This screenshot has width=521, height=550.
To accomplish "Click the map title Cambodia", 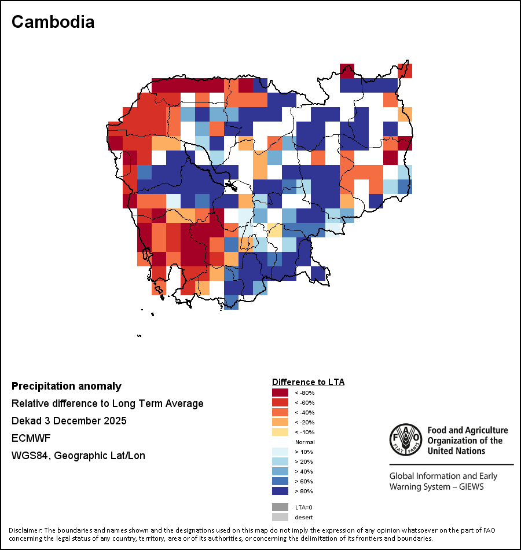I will click(x=53, y=22).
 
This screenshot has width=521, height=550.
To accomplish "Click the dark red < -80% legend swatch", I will click(x=280, y=393).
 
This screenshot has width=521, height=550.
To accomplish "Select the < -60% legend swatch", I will click(x=280, y=402).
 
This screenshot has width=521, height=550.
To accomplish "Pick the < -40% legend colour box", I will click(x=280, y=412).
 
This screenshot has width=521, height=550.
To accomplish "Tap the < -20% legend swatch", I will click(x=280, y=422).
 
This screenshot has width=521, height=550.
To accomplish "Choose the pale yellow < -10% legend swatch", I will click(x=280, y=432).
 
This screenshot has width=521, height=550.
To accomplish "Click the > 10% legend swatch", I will click(x=280, y=452).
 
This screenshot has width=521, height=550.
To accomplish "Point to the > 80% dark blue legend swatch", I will click(x=280, y=491).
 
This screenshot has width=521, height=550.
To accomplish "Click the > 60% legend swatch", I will click(x=280, y=481).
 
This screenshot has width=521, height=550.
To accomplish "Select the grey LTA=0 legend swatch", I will click(x=280, y=507).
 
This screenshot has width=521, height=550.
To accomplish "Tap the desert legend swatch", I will click(x=280, y=516).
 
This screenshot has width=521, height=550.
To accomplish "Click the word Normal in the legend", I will click(x=304, y=442).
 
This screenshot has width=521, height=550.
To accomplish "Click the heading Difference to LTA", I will click(x=308, y=382).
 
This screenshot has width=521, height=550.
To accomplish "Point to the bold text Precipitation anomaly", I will click(x=67, y=386).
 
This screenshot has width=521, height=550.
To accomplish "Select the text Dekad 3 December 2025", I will click(x=69, y=421).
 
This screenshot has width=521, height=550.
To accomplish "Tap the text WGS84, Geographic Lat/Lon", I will click(x=78, y=456).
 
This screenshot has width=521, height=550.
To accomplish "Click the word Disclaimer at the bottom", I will click(x=24, y=530).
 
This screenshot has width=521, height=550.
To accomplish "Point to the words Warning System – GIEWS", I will click(x=436, y=486).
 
